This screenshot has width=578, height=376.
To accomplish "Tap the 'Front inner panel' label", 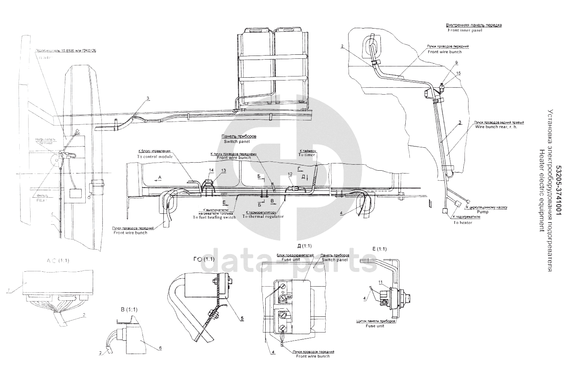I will click(x=464, y=30).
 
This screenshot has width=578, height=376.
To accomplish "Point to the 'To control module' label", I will click(x=155, y=156).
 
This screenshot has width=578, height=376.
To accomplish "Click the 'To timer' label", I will click(x=306, y=155).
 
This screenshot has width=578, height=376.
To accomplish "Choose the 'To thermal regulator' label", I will click(x=263, y=217).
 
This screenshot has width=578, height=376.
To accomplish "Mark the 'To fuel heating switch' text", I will click(x=214, y=217).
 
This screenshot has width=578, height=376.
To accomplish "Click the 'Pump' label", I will click(x=482, y=211).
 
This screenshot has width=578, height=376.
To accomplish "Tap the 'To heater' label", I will click(x=463, y=222).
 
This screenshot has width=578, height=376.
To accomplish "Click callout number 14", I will click(x=211, y=171).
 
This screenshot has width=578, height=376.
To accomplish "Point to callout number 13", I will click(x=223, y=171).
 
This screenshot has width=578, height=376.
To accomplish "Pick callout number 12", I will click(x=290, y=174).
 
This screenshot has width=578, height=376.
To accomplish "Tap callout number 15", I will click(x=458, y=73).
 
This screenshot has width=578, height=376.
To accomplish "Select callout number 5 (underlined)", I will click(x=242, y=319).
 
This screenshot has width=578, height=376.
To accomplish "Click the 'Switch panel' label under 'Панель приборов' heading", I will click(x=237, y=142).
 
